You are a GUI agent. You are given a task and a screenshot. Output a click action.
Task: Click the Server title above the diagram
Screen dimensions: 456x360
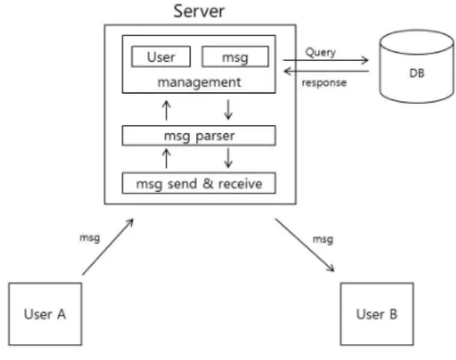click(x=199, y=11)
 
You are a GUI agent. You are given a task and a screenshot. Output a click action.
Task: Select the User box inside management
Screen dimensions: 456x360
click(x=161, y=56)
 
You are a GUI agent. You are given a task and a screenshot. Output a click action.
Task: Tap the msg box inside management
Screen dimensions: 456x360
click(x=235, y=56)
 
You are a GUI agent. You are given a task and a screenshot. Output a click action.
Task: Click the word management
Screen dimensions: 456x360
click(x=199, y=83)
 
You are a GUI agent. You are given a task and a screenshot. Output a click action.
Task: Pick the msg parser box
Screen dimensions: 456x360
click(x=199, y=136)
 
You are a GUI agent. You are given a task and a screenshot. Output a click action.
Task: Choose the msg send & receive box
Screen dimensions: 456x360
click(x=199, y=183)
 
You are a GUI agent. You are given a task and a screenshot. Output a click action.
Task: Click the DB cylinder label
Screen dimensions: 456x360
click(x=417, y=73)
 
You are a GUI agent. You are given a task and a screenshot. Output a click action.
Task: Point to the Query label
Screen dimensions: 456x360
click(x=320, y=53)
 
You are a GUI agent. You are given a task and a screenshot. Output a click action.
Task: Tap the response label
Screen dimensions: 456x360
click(x=324, y=83)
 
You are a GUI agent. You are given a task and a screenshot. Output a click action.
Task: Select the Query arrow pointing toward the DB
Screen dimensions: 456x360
click(x=326, y=60)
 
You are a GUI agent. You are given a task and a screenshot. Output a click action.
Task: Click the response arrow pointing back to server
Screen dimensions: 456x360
click(x=326, y=71)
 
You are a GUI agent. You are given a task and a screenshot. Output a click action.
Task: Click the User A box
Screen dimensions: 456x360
click(x=45, y=314)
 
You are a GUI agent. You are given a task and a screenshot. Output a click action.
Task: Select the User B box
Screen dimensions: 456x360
click(x=377, y=314)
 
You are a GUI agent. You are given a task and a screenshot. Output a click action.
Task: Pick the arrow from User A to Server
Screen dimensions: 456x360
click(x=108, y=247)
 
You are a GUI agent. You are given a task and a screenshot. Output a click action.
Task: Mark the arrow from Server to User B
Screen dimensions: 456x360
click(x=305, y=246)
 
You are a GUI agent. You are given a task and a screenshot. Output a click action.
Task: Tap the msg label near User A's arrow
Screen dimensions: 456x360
click(x=90, y=238)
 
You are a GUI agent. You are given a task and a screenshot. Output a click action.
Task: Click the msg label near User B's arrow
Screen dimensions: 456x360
click(x=323, y=239)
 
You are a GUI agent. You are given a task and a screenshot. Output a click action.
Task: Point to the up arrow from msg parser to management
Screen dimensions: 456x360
click(x=167, y=110)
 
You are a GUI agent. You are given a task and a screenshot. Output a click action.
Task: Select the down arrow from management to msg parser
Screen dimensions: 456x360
click(x=228, y=110)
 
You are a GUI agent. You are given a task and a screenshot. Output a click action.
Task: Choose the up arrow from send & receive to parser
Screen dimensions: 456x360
click(x=167, y=158)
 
